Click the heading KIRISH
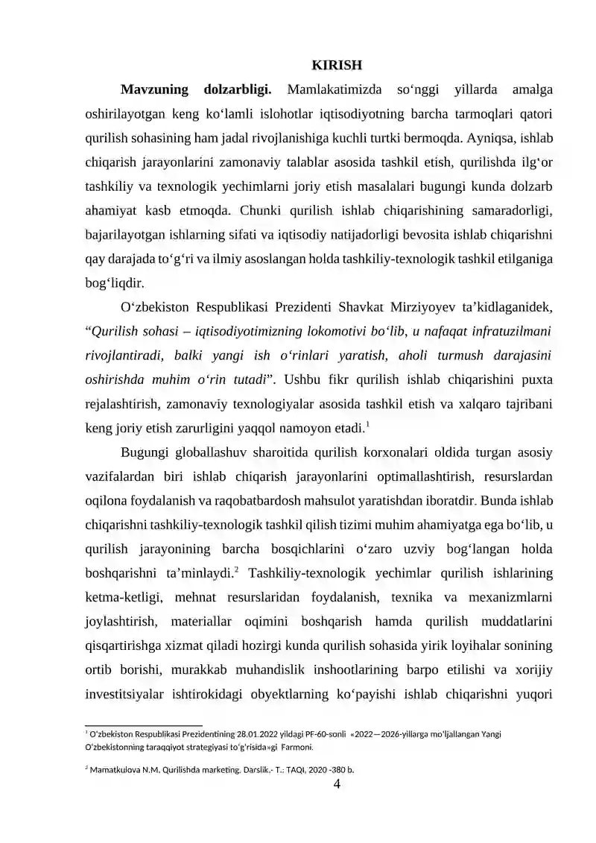[x=337, y=66]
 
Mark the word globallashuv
[x=206, y=452]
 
